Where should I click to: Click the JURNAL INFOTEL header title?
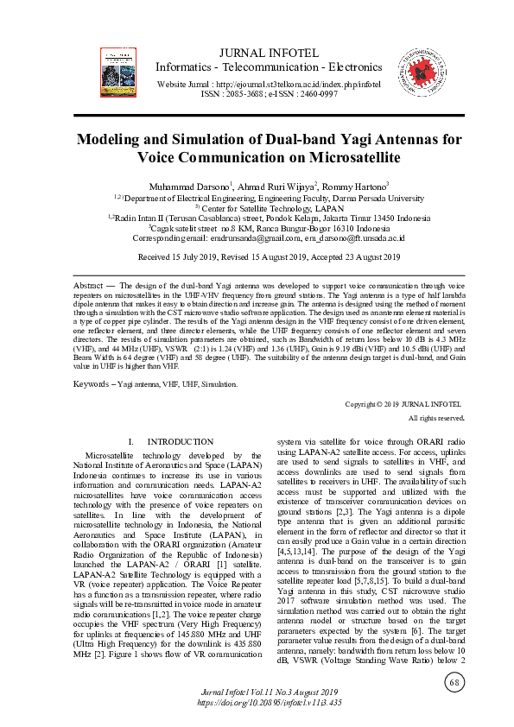(x=268, y=53)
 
